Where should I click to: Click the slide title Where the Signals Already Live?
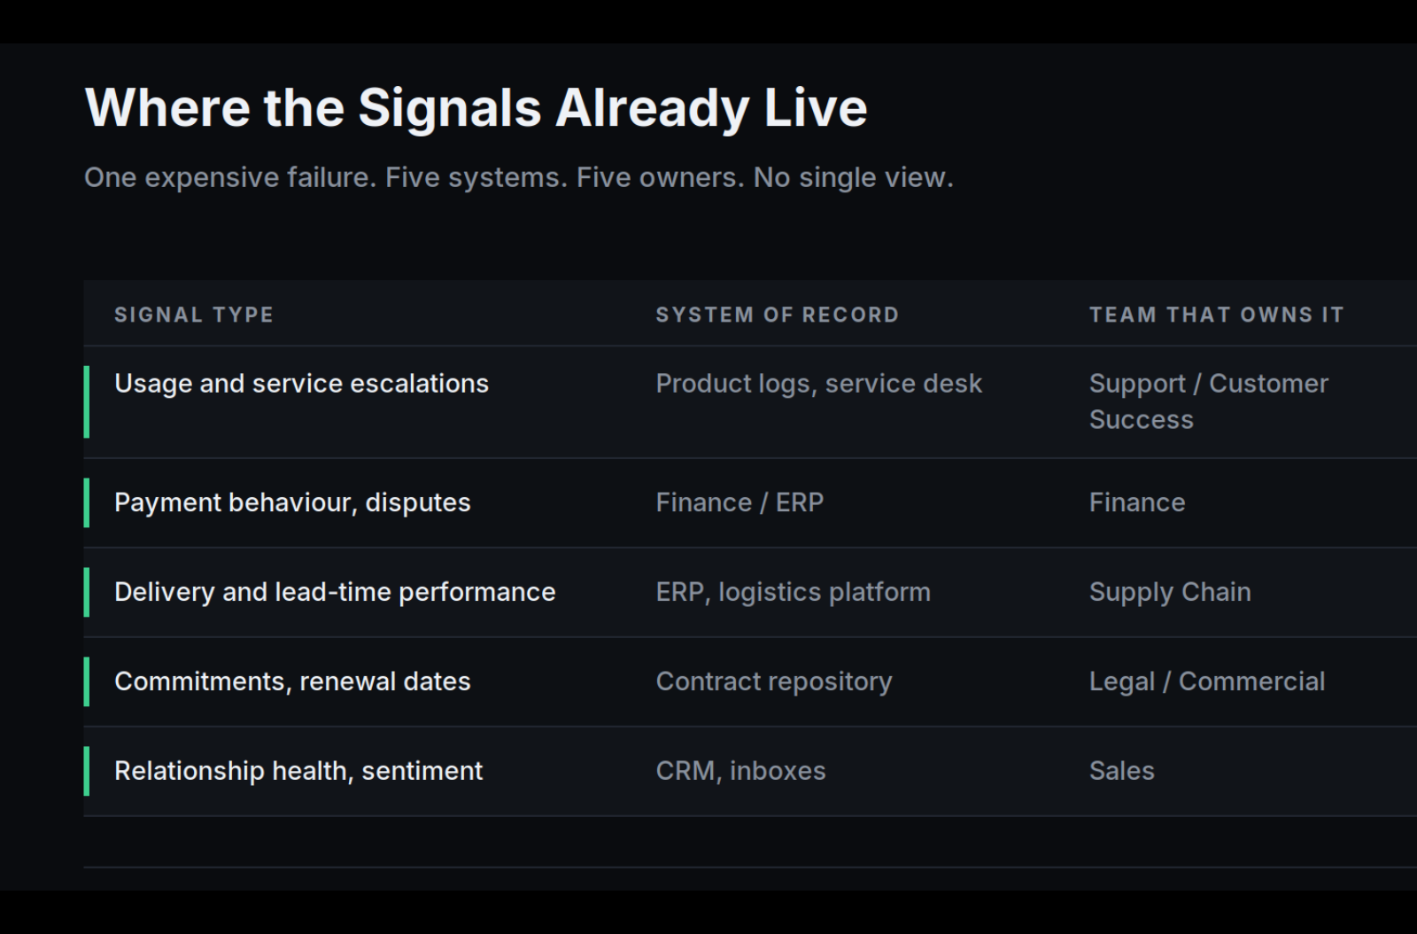click(476, 108)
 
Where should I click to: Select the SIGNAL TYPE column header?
click(194, 315)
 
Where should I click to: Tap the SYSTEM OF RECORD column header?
click(778, 315)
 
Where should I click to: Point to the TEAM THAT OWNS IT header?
click(1217, 315)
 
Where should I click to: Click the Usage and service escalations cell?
click(302, 384)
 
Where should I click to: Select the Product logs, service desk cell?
click(819, 384)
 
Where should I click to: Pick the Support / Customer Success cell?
click(1209, 401)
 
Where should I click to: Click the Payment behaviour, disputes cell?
click(292, 503)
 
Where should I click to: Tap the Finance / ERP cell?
click(739, 503)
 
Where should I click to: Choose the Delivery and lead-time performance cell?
click(335, 592)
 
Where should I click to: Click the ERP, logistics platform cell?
click(794, 593)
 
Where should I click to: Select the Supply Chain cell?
click(1170, 593)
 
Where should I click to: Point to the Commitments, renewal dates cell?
click(292, 682)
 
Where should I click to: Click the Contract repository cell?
click(774, 682)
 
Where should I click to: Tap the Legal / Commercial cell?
click(1207, 682)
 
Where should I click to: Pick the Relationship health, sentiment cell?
click(298, 771)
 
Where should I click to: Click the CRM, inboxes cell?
click(740, 771)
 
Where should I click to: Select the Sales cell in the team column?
click(1122, 771)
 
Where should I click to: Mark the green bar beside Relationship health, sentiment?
click(87, 771)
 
